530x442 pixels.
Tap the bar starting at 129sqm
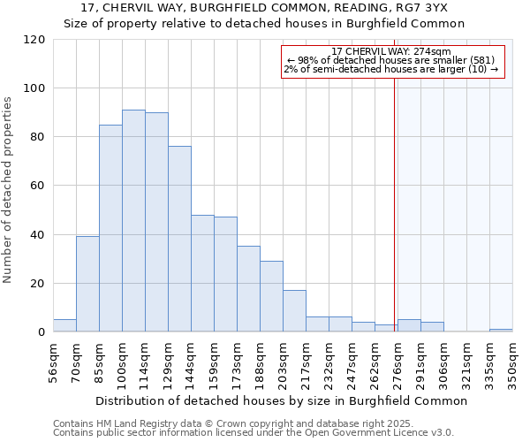(179, 239)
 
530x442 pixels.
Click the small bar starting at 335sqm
(501, 331)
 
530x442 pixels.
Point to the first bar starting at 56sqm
(64, 325)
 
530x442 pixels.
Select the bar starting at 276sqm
(409, 325)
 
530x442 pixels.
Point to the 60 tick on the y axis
(38, 186)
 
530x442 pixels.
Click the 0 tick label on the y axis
(41, 332)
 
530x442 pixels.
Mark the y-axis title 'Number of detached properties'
(10, 190)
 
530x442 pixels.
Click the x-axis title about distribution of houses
(281, 400)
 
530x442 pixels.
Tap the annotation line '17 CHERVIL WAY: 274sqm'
(392, 51)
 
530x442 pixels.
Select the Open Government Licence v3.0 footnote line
(254, 433)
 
